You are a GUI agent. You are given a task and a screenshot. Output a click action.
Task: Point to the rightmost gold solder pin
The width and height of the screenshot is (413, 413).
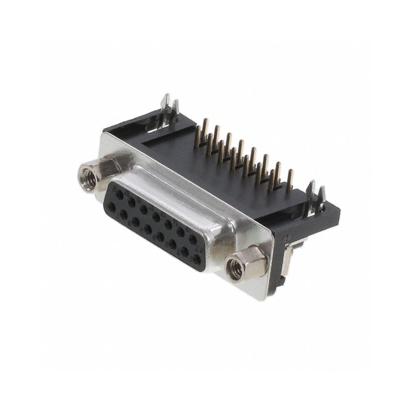290,178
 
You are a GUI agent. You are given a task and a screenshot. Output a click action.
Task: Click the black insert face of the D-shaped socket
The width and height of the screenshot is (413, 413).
155,222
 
